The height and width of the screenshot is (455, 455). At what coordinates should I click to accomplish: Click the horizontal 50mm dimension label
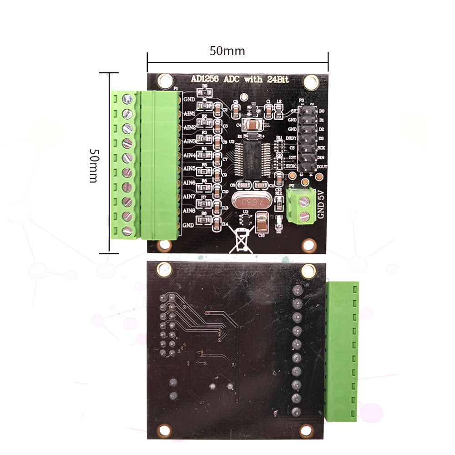(227, 51)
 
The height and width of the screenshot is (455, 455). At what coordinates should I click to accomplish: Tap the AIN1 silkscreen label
(189, 113)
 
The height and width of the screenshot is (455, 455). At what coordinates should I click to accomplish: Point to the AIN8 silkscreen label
(189, 211)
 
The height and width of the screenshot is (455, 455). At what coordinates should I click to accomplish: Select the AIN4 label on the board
(189, 156)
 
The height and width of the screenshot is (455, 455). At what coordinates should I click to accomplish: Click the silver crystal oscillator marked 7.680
(247, 201)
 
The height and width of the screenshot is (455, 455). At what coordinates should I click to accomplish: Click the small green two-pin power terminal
(301, 206)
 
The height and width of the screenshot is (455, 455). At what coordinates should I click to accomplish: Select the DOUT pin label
(322, 167)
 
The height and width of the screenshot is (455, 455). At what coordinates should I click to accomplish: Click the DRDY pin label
(291, 138)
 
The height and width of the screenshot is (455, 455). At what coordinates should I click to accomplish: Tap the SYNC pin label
(291, 167)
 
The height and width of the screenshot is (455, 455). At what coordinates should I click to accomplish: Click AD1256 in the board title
(205, 79)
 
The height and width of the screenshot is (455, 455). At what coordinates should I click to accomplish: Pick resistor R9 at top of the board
(205, 92)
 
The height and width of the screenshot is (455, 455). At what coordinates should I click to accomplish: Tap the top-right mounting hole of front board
(311, 82)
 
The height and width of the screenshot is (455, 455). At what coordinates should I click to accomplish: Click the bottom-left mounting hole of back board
(165, 430)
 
